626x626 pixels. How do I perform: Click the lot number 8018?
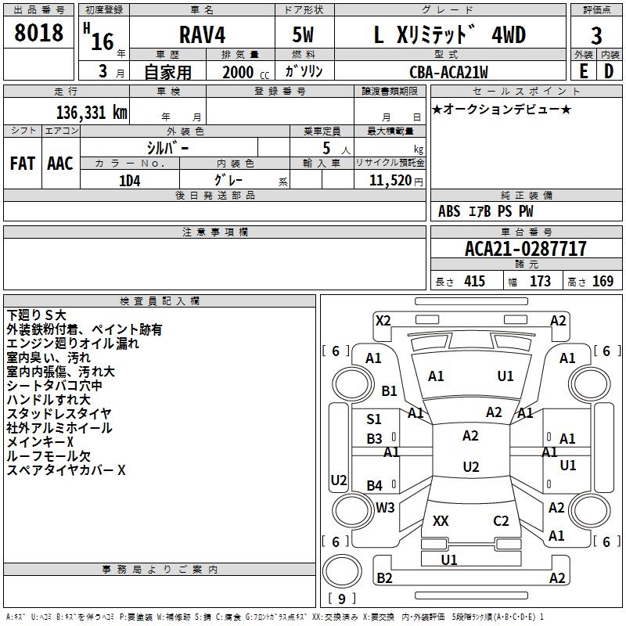click(39, 34)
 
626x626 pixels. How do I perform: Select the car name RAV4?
click(200, 36)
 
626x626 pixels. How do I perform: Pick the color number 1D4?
click(129, 181)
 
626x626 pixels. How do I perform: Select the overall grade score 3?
click(596, 36)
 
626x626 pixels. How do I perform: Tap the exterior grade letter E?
click(583, 71)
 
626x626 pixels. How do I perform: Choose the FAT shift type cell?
click(22, 163)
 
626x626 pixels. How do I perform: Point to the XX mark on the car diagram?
click(441, 521)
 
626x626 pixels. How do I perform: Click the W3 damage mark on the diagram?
click(385, 507)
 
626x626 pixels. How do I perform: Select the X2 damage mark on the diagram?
click(383, 320)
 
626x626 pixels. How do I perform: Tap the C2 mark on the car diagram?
click(501, 521)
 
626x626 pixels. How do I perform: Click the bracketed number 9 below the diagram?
click(342, 599)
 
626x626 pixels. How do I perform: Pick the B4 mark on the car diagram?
click(375, 486)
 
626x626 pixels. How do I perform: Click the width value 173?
click(540, 282)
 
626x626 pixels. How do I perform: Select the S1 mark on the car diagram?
click(374, 419)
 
